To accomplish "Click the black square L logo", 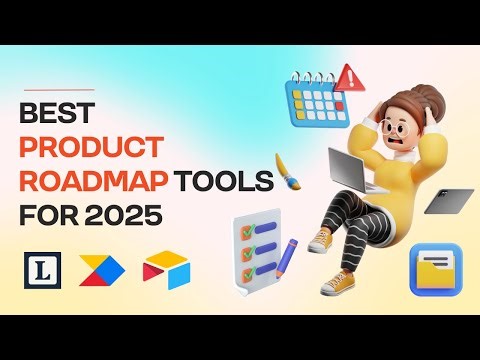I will tap(37, 269).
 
